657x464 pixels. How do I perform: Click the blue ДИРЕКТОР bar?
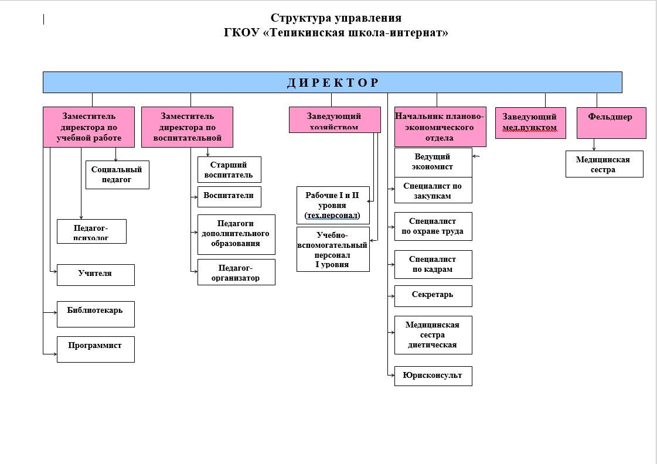pyautogui.click(x=332, y=82)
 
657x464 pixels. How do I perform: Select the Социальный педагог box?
pyautogui.click(x=117, y=175)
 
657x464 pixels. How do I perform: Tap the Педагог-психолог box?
pyautogui.click(x=91, y=231)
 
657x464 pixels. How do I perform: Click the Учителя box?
pyautogui.click(x=96, y=275)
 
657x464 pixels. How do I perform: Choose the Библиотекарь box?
pyautogui.click(x=96, y=314)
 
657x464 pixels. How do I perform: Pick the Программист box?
pyautogui.click(x=96, y=349)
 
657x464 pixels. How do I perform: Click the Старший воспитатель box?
pyautogui.click(x=229, y=169)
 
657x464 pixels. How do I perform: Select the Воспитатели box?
pyautogui.click(x=229, y=196)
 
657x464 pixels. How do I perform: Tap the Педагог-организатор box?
pyautogui.click(x=236, y=272)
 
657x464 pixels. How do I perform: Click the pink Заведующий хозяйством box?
pyautogui.click(x=335, y=120)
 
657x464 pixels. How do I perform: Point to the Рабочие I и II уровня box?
pyautogui.click(x=333, y=205)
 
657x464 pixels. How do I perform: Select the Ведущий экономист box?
pyautogui.click(x=433, y=162)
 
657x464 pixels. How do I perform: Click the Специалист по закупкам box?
pyautogui.click(x=433, y=190)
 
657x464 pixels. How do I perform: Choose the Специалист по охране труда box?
pyautogui.click(x=433, y=226)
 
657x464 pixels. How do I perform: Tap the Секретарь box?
pyautogui.click(x=433, y=296)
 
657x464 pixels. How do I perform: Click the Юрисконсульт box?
pyautogui.click(x=433, y=376)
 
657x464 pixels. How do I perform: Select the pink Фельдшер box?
pyautogui.click(x=611, y=122)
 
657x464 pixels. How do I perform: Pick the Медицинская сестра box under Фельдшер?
pyautogui.click(x=604, y=164)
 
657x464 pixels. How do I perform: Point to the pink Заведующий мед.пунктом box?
pyautogui.click(x=530, y=122)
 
